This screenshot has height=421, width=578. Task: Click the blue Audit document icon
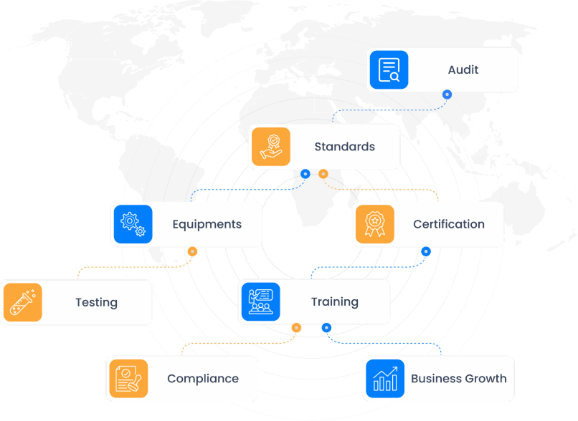[x=389, y=69]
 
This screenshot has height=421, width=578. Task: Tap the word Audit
[x=463, y=69]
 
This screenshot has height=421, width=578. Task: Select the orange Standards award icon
[x=270, y=146]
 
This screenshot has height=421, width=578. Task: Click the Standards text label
[x=344, y=147]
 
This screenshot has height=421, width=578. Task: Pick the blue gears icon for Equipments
[x=133, y=224]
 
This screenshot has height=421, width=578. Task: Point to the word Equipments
[x=207, y=224]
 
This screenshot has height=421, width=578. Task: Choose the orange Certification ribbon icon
[x=374, y=224]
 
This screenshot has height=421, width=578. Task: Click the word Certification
[x=449, y=224]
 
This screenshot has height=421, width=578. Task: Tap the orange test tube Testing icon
[x=22, y=302]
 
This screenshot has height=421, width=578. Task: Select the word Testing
[x=96, y=302]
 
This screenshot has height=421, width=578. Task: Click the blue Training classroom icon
[x=260, y=301]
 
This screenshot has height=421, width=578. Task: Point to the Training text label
[x=334, y=301]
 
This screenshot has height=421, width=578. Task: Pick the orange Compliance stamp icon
[x=128, y=378]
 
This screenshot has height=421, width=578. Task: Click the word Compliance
[x=203, y=379]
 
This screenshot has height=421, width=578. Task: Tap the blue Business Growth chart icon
[x=385, y=378]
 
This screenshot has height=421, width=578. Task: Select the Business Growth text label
[x=459, y=379]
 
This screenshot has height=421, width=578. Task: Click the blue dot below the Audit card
[x=447, y=94]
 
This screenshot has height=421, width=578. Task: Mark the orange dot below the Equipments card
[x=192, y=251]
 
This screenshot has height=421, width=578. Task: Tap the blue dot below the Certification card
[x=426, y=251]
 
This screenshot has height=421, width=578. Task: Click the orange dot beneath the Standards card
[x=323, y=174]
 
